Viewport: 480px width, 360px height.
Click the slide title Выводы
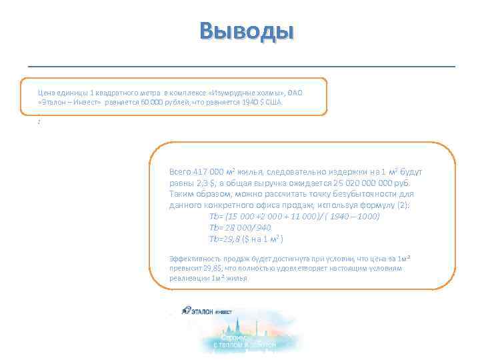point(247,31)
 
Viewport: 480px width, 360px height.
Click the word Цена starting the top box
point(45,91)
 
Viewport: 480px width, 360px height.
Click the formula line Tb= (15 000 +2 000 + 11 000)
point(293,217)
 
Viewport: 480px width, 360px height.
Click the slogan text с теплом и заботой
point(244,345)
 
